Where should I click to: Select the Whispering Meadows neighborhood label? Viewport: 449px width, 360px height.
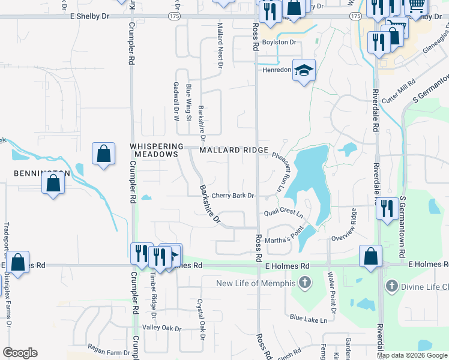[155, 150]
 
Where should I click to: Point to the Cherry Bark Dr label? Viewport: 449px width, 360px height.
[233, 196]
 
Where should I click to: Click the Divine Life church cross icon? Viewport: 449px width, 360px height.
[393, 286]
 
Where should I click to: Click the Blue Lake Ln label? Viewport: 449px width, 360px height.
[309, 319]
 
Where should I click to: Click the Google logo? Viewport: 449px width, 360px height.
[20, 353]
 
